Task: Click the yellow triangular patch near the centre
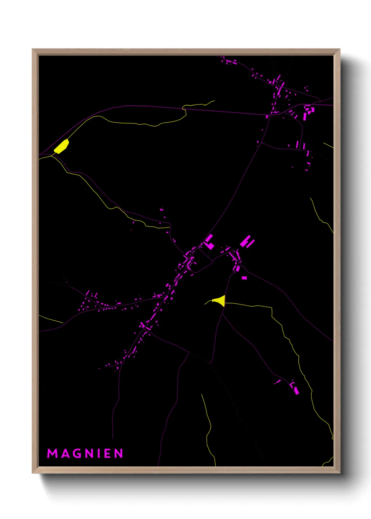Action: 220,301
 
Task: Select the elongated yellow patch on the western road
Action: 61,147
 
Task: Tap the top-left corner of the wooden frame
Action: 33,49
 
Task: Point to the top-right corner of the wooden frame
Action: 339,49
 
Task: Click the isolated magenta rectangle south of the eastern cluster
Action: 244,278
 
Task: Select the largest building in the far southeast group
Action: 296,390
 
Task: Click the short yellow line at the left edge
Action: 51,319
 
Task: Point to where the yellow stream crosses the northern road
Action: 184,109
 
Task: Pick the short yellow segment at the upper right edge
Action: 328,145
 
